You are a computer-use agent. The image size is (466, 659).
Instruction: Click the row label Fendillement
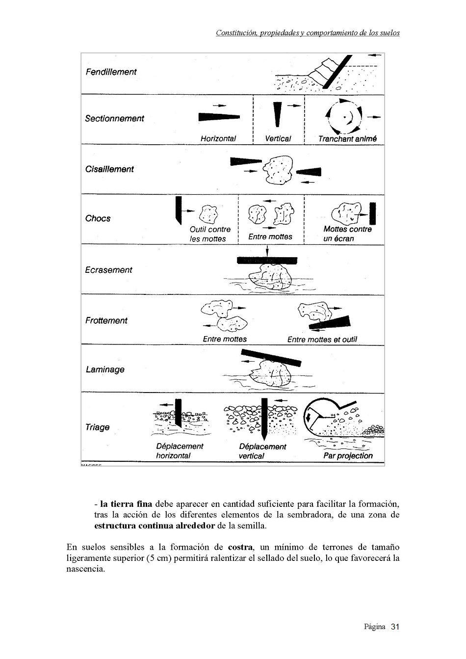111,72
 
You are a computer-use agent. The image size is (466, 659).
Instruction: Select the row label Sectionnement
114,119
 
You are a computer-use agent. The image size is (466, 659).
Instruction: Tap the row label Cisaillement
109,169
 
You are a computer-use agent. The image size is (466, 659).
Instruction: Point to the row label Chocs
98,219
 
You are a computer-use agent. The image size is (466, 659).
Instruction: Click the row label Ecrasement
108,270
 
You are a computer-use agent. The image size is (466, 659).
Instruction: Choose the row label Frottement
106,321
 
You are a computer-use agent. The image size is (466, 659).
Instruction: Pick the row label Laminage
105,370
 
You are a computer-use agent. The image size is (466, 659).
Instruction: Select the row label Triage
97,427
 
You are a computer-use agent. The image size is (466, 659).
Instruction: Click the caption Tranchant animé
347,139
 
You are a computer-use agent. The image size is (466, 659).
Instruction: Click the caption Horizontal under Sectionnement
218,139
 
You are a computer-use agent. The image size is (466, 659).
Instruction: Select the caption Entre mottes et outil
322,340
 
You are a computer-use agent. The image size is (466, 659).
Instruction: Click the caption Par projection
348,456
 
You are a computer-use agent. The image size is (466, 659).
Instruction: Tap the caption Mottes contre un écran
347,234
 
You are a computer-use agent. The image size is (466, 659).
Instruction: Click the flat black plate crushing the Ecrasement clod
267,260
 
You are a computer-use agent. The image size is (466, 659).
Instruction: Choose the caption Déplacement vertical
262,451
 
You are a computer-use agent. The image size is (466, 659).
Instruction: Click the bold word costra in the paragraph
240,547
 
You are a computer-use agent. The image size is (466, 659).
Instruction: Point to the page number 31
395,627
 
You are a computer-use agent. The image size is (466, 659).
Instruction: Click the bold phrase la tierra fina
126,504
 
